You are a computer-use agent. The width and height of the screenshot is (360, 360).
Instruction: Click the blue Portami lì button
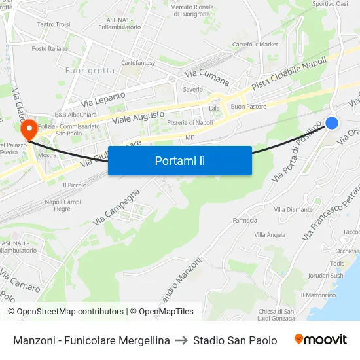coord(179,160)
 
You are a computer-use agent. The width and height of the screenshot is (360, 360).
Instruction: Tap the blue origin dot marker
coord(332,122)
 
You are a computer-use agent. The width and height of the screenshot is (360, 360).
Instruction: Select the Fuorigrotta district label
coord(90,70)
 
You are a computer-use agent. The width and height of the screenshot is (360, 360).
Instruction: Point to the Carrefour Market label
coord(255,45)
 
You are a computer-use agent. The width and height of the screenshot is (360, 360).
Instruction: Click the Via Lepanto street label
coord(103,99)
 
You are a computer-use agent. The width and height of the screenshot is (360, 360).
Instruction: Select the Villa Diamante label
coord(293,209)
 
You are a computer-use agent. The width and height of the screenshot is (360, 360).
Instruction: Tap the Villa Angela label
coord(270,234)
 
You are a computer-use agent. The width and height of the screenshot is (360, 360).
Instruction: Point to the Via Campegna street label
coord(117,207)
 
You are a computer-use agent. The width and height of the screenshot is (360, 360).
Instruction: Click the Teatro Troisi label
coord(54,24)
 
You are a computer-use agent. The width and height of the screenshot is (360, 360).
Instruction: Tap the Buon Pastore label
coord(247,107)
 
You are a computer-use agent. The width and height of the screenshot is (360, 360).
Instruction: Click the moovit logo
coord(320,340)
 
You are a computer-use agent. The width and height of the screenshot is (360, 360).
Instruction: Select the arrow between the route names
coord(181,340)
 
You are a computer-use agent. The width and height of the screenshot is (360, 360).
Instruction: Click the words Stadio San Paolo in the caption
coord(235,340)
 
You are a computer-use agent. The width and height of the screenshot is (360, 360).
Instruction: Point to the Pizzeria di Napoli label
coord(190,122)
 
